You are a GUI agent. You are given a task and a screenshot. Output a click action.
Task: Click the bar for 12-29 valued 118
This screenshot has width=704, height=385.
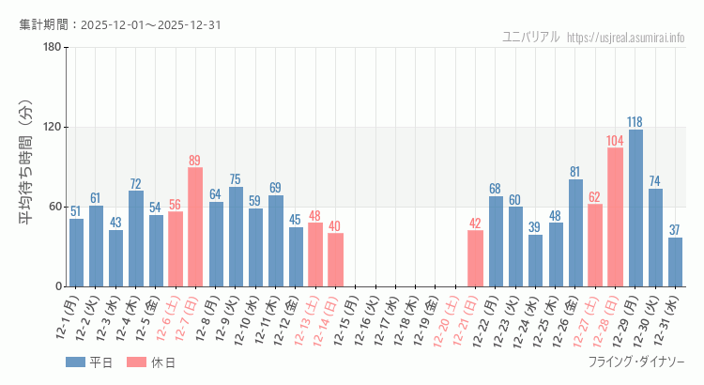635,208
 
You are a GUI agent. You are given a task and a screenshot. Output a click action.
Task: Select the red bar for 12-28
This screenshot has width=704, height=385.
615,217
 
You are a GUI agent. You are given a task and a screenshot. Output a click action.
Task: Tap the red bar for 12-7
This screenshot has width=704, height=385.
195,227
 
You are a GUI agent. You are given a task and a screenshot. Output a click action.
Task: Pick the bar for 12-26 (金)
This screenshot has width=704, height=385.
575,233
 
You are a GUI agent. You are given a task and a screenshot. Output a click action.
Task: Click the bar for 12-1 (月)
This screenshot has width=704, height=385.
76,253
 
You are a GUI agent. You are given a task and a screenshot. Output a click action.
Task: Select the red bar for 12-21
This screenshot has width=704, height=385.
475,258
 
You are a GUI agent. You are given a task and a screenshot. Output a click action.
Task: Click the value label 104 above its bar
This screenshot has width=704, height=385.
615,141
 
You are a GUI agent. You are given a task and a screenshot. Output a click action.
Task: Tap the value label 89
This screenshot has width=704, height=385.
195,161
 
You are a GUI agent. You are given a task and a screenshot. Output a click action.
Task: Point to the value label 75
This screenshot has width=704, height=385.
235,179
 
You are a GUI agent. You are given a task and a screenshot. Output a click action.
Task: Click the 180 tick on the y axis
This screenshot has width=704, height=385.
52,48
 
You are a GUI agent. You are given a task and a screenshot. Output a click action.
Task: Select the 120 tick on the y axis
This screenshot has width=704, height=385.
52,128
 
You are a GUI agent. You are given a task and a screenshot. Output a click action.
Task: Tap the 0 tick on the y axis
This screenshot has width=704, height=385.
58,286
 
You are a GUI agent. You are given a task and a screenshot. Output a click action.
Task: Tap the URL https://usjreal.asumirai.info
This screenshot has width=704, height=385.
640,38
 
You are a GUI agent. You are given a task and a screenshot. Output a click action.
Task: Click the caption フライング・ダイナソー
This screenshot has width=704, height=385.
636,362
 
